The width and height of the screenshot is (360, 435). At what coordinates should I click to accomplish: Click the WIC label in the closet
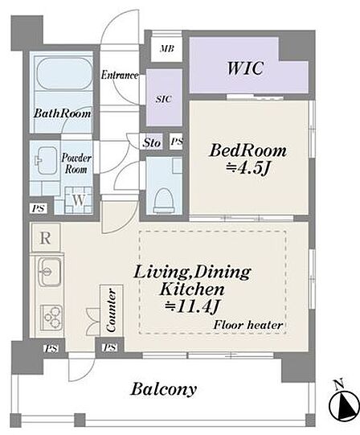[245, 68]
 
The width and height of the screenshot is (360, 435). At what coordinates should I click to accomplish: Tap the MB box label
[167, 49]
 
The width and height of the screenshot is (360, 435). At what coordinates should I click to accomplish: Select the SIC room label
[164, 99]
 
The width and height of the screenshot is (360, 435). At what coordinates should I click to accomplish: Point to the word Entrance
[120, 75]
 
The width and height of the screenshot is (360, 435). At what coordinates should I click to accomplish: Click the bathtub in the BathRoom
[64, 73]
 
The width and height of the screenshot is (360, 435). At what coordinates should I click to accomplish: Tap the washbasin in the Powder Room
[47, 161]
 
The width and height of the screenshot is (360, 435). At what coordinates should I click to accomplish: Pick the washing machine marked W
[79, 200]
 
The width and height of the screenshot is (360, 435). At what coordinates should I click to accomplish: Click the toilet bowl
[164, 200]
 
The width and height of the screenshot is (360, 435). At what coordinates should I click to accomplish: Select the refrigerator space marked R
[46, 238]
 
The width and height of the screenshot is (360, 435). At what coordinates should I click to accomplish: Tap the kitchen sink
[49, 272]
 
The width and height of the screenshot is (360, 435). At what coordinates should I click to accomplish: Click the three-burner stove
[51, 318]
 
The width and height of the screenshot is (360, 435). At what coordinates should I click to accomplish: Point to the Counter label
[111, 310]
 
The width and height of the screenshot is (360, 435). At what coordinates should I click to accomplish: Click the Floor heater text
[248, 325]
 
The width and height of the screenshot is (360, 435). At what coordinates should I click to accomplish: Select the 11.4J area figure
[192, 306]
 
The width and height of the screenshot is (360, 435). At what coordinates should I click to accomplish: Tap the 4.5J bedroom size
[247, 167]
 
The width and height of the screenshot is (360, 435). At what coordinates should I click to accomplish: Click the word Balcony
[164, 389]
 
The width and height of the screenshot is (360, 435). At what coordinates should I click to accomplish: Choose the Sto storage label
[152, 142]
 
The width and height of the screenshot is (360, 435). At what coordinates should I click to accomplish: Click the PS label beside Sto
[177, 142]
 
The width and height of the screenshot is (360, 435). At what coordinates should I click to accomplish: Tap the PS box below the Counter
[110, 347]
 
